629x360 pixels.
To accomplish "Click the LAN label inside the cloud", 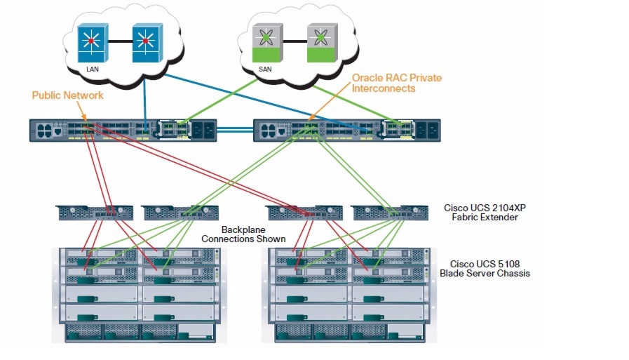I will [93, 69].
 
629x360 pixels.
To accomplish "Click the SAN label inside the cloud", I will [265, 69].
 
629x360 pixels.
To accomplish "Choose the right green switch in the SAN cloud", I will [321, 41].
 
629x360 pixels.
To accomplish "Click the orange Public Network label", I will [67, 95].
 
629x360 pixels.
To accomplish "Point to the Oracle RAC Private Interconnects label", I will [397, 83].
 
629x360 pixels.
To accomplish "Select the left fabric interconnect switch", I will [123, 129].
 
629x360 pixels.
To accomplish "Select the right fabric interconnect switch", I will [347, 129].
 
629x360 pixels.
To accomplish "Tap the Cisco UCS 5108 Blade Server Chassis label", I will [485, 268].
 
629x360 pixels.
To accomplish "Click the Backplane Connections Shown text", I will [243, 234].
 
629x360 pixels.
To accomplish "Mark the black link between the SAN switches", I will [295, 41].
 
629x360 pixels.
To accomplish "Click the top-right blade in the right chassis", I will [388, 257].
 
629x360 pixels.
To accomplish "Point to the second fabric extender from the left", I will [180, 211].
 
